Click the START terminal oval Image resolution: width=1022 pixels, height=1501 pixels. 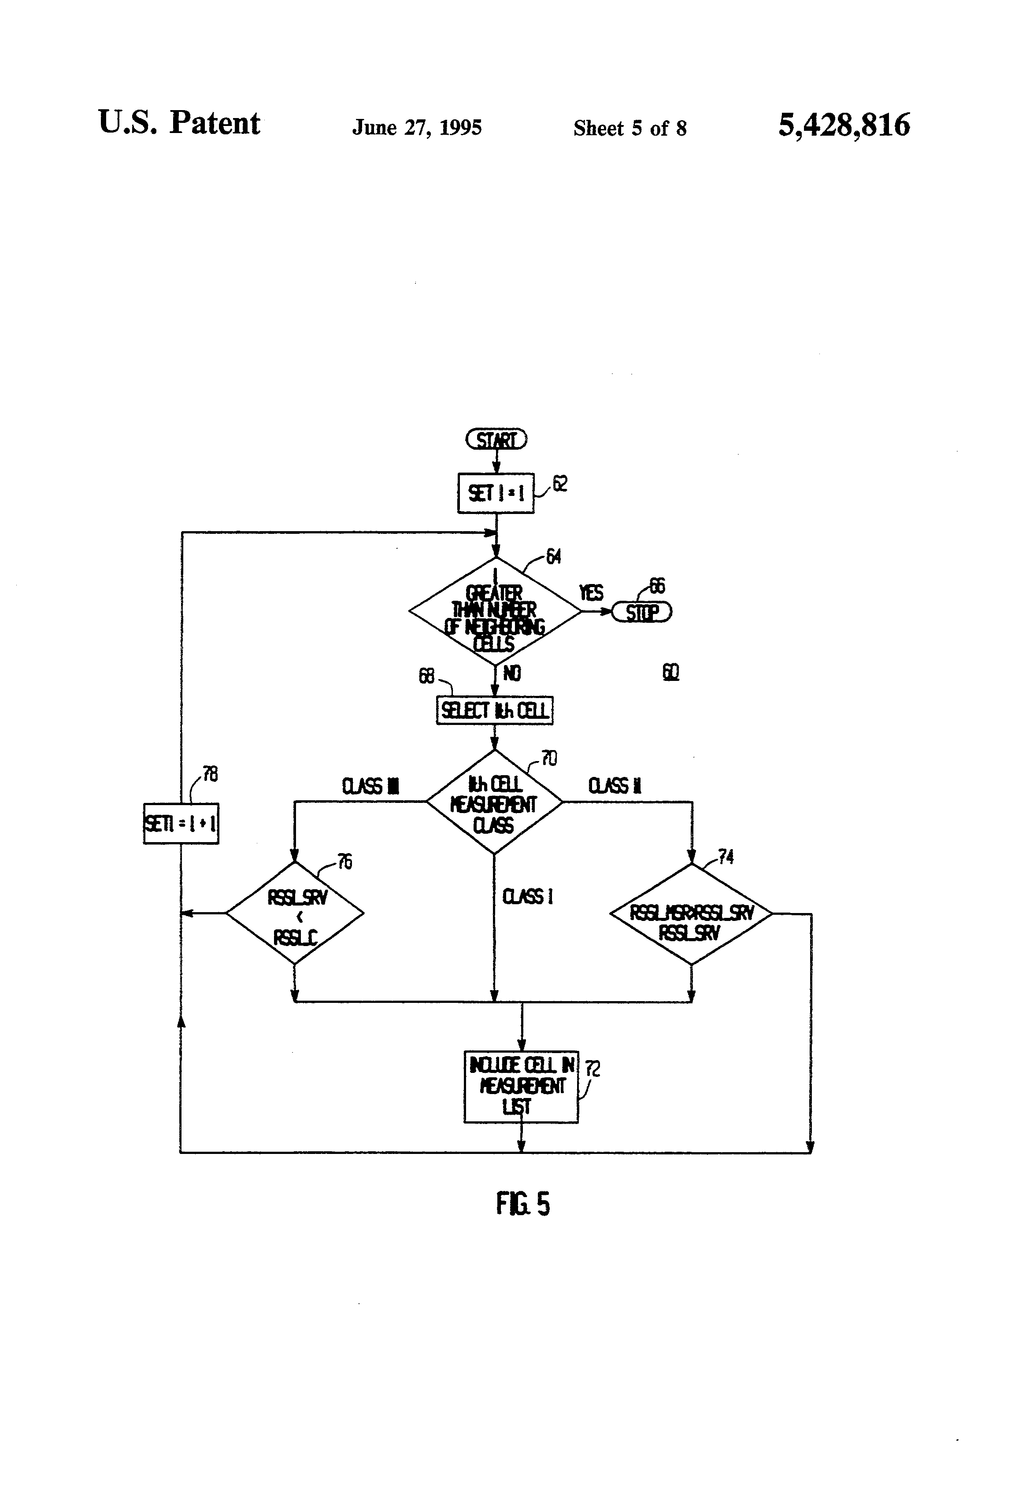(x=496, y=440)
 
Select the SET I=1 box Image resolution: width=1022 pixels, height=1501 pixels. (x=496, y=493)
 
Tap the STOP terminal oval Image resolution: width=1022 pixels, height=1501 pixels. (x=641, y=612)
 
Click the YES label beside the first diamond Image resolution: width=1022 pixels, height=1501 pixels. (x=590, y=593)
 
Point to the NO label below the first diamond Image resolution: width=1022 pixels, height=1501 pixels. (x=511, y=673)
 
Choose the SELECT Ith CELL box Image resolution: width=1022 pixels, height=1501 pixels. (x=494, y=710)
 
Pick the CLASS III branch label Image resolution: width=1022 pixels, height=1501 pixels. (x=370, y=786)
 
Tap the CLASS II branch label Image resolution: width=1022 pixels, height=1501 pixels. (x=615, y=786)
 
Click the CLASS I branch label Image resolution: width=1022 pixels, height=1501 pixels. (x=527, y=896)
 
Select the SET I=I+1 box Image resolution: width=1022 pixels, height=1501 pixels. (x=181, y=824)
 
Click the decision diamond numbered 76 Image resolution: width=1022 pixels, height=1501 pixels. (x=295, y=914)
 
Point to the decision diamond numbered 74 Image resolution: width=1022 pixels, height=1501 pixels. (x=691, y=914)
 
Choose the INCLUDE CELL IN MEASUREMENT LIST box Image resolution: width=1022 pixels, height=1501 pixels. (x=521, y=1087)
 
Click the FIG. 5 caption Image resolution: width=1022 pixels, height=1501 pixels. (x=522, y=1205)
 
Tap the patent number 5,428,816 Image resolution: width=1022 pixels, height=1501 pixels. (x=844, y=125)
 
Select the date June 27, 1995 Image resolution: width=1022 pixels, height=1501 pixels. (x=417, y=127)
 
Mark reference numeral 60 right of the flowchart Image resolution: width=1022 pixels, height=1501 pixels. (x=670, y=673)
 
